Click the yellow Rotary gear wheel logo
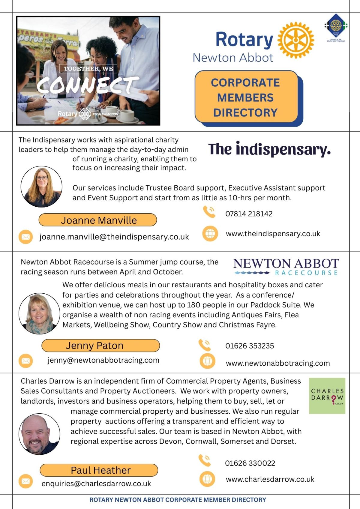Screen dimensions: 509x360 pos(296,40)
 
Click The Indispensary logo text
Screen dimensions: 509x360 pos(269,149)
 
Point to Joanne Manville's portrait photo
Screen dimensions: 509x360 pos(41,187)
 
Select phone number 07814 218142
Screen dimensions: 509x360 pos(249,214)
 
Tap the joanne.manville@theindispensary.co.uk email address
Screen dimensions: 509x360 pos(114,237)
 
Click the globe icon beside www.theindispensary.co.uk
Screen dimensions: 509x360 pos(210,233)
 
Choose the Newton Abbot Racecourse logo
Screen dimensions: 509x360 pos(286,267)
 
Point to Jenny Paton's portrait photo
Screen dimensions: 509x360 pos(39,313)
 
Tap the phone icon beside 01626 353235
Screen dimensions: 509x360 pos(205,345)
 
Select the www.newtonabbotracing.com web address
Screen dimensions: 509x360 pos(278,363)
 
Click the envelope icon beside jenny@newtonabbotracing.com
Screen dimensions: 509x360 pos(26,361)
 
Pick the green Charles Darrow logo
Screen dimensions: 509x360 pos(327,396)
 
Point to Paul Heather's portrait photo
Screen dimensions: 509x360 pos(39,434)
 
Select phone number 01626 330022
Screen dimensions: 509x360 pos(250,463)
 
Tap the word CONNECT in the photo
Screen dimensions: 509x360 pos(88,85)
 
